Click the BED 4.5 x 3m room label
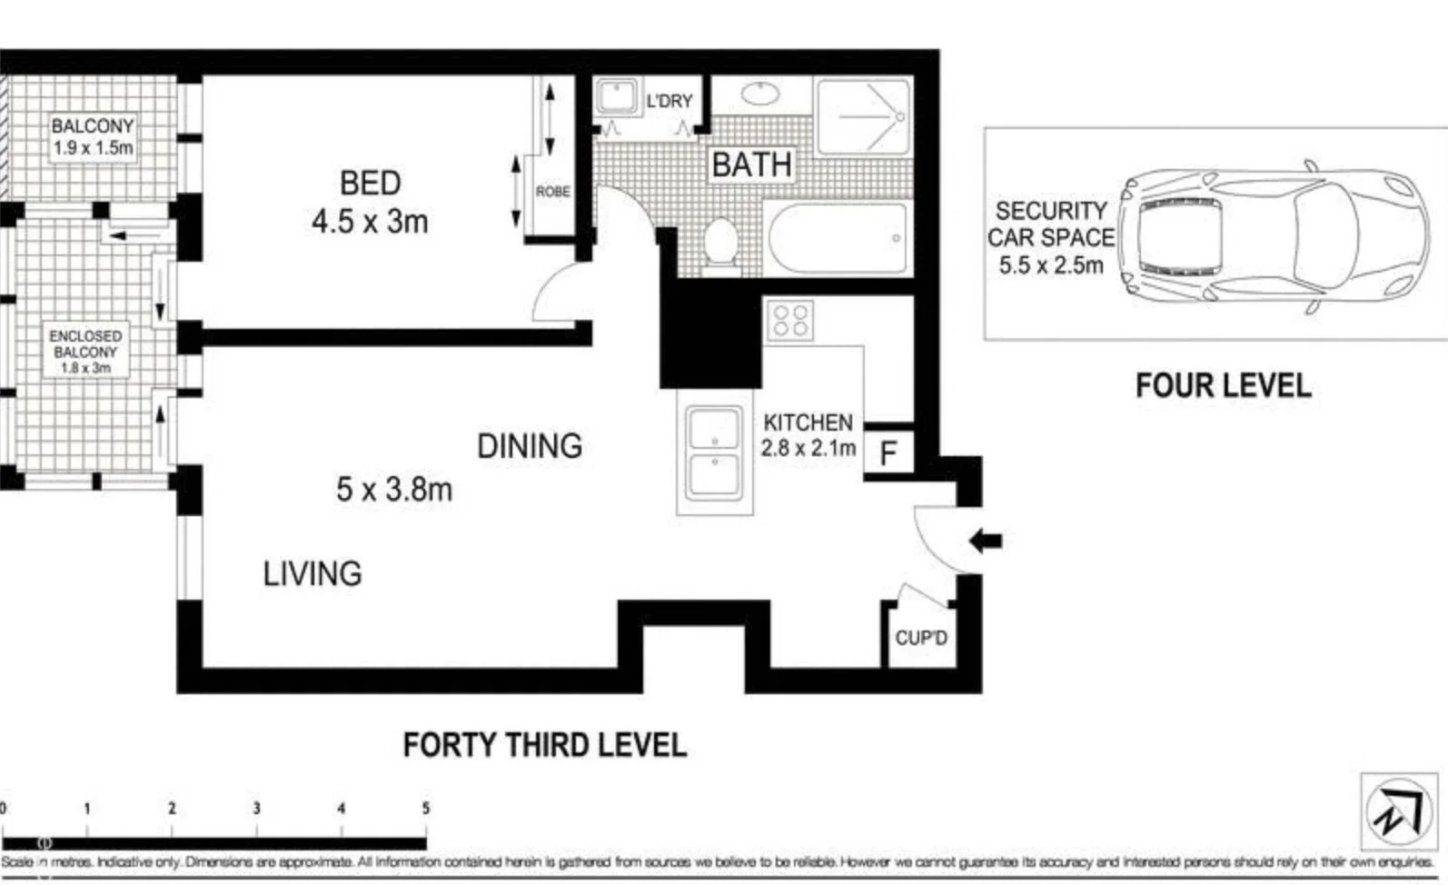pos(370,202)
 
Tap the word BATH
pos(751,165)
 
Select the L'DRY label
pos(669,101)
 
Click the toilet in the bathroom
pos(721,242)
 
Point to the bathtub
pos(838,238)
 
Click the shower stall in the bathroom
pos(863,116)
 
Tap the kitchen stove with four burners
pos(788,321)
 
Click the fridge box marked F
pos(888,452)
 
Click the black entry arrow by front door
pos(986,542)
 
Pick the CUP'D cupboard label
pos(920,638)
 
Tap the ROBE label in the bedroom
pos(552,192)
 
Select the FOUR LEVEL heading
pos(1223,385)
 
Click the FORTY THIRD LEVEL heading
pos(544,745)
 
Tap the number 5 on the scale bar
pos(425,808)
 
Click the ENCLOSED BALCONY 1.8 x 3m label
pos(85,352)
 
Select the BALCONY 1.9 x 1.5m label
pos(93,137)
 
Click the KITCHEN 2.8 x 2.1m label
pos(808,435)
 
